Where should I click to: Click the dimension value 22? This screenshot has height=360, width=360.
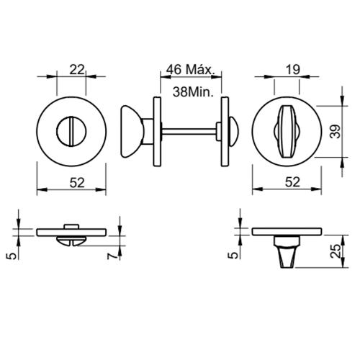[x=77, y=70]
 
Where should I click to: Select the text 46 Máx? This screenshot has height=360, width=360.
[x=190, y=70]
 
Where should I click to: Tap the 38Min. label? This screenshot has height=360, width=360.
[x=193, y=92]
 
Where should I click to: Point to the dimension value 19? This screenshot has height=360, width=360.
[x=293, y=70]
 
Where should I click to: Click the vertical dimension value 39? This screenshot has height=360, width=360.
[x=336, y=131]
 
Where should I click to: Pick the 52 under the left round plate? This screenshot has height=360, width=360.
[x=77, y=183]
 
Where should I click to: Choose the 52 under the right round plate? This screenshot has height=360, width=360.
[x=292, y=182]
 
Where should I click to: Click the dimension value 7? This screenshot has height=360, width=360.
[x=113, y=256]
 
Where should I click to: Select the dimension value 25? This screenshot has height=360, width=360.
[x=336, y=251]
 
